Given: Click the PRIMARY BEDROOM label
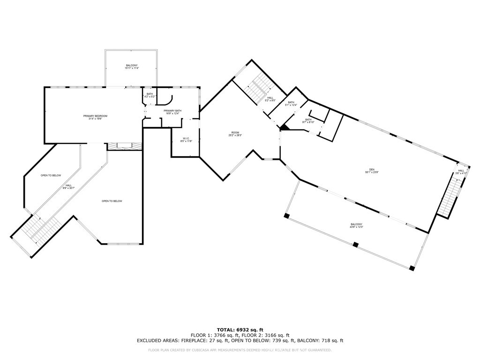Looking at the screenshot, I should pyautogui.click(x=96, y=117).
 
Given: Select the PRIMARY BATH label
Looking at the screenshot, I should pyautogui.click(x=172, y=112).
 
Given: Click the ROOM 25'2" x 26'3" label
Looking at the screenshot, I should pyautogui.click(x=235, y=134).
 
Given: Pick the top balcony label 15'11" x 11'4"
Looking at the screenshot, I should pyautogui.click(x=132, y=67).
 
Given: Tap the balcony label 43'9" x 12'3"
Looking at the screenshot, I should pyautogui.click(x=357, y=225).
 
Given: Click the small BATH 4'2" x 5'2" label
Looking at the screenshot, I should pyautogui.click(x=150, y=95).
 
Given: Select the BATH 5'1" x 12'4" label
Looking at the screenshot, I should pyautogui.click(x=291, y=104).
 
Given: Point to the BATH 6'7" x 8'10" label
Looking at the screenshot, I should pyautogui.click(x=308, y=121).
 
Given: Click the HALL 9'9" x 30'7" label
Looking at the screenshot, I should pyautogui.click(x=68, y=187).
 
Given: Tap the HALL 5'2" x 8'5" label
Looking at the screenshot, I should pyautogui.click(x=270, y=99).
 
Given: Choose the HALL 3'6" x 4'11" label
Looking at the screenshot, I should pyautogui.click(x=461, y=172).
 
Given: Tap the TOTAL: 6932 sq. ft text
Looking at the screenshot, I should pyautogui.click(x=240, y=330).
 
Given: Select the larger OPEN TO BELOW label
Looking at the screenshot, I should pyautogui.click(x=112, y=201).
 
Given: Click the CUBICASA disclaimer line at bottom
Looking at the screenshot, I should pyautogui.click(x=240, y=350).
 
